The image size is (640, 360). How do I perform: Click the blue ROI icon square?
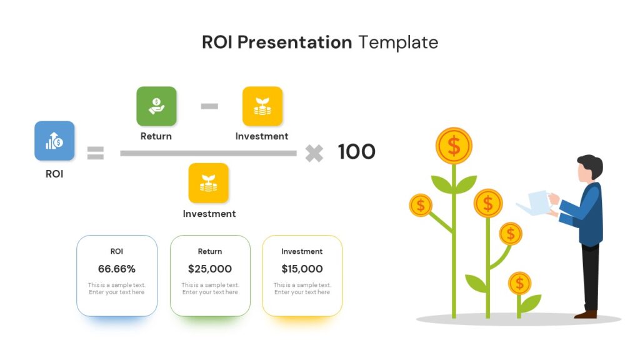click(54, 141)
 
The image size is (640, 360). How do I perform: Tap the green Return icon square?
click(156, 106)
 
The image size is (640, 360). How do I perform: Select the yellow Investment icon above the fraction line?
click(262, 106)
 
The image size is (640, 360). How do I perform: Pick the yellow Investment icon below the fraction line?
click(208, 183)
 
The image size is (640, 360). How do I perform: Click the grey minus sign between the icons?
click(209, 106)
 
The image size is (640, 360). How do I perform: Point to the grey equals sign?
click(96, 153)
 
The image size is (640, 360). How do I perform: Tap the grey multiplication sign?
click(314, 154)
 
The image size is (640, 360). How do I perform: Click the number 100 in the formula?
click(356, 152)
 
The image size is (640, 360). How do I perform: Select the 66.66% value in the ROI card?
click(117, 269)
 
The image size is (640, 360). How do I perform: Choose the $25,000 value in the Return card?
click(210, 269)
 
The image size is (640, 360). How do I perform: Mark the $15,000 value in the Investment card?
click(302, 269)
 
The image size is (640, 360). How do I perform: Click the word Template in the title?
click(398, 42)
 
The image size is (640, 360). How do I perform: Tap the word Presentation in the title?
click(294, 42)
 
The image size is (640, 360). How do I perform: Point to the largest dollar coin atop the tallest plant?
click(454, 146)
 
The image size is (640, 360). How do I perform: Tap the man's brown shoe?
click(586, 314)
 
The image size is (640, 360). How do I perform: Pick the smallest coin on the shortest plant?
click(519, 283)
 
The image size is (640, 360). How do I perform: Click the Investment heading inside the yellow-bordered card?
click(302, 251)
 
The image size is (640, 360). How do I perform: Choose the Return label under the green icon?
click(156, 136)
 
